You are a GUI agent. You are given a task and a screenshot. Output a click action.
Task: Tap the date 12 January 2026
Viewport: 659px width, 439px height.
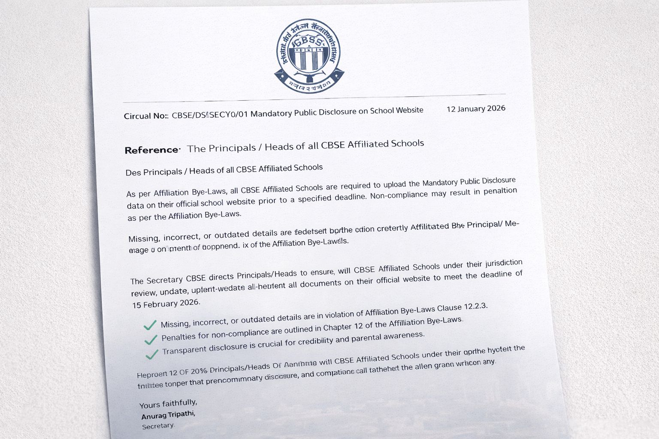476,109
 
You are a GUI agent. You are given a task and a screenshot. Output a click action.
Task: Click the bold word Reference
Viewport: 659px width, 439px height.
152,150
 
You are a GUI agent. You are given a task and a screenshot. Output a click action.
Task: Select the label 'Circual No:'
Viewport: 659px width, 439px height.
145,116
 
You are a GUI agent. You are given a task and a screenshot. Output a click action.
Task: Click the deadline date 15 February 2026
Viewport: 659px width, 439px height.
166,304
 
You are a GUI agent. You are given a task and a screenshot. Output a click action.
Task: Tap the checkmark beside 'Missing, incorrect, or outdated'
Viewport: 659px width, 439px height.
150,325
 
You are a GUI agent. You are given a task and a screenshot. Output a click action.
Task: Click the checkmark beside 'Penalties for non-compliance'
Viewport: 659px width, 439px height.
151,340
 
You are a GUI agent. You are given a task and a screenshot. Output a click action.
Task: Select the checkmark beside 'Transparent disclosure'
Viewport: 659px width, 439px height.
152,355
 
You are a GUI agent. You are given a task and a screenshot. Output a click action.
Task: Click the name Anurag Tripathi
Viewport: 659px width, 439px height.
168,415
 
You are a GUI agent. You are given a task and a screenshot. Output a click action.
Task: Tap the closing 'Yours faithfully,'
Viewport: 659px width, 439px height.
168,404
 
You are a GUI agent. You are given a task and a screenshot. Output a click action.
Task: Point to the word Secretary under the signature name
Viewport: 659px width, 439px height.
158,426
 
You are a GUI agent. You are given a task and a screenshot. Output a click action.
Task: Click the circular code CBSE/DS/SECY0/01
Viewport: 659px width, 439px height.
210,115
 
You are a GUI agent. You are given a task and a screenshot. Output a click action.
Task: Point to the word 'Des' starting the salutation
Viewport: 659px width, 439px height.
133,173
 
